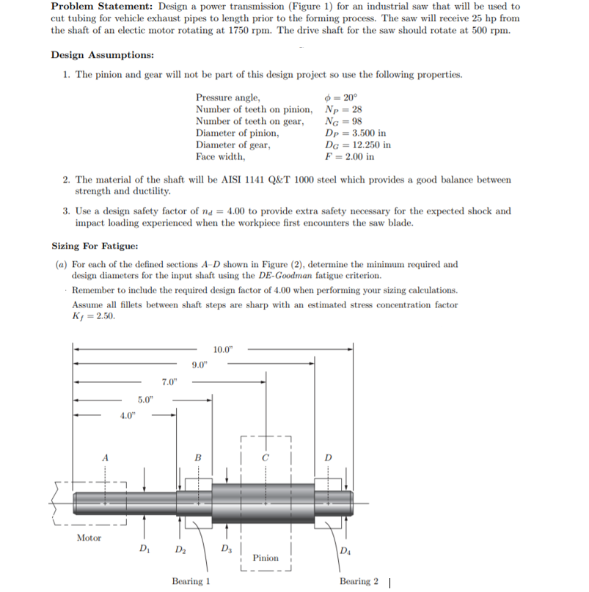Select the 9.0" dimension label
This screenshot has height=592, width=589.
(x=200, y=365)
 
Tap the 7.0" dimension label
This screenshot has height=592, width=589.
(x=169, y=381)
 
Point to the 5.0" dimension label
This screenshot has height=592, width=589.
(x=146, y=400)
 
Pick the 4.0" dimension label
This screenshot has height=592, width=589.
(x=128, y=415)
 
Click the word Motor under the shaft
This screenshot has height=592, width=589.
(x=89, y=538)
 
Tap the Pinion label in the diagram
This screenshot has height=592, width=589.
(x=266, y=558)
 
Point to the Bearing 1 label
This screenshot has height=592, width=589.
(x=191, y=581)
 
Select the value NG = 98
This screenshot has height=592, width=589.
(x=342, y=121)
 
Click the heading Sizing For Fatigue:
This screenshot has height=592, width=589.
(x=92, y=246)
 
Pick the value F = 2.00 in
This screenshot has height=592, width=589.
(x=349, y=156)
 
